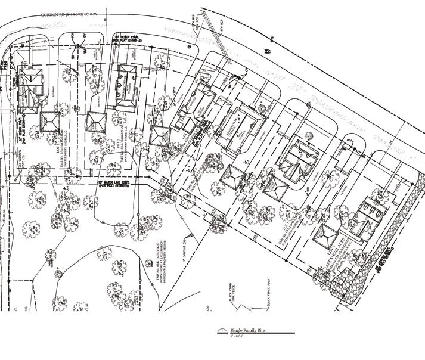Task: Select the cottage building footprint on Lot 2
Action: [x=126, y=86]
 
